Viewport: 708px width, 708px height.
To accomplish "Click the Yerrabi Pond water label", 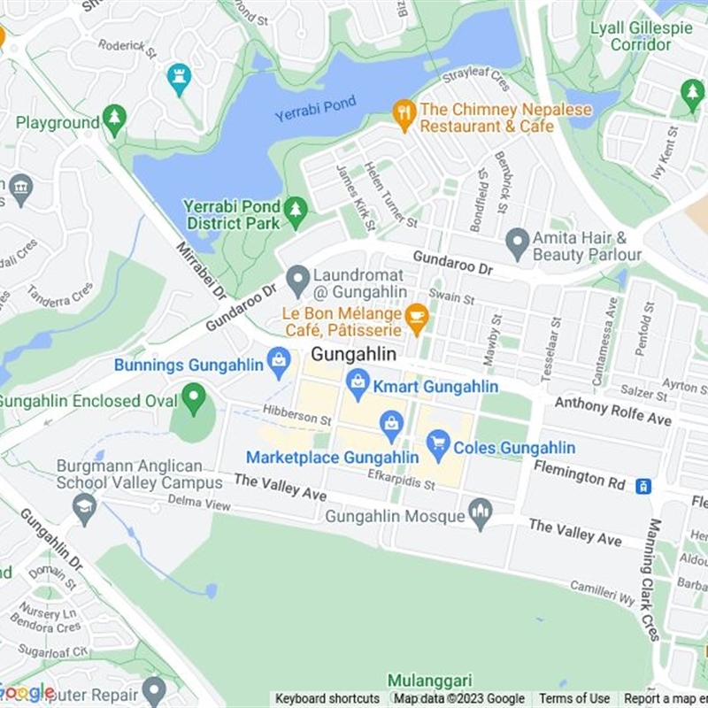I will pos(315,109).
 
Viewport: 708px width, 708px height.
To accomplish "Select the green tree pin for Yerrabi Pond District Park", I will pos(296,212).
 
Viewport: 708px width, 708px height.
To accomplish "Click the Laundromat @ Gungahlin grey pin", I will pos(298,281).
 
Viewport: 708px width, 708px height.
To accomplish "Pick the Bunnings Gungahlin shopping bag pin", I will pos(279,362).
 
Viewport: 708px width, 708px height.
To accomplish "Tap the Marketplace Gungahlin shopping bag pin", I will pos(391,426).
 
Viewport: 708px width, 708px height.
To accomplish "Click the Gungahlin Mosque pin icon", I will pos(481,513).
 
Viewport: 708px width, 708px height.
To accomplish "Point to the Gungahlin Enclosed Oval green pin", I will pos(193,398).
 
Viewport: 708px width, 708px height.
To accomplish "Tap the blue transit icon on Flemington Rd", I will pos(643,485).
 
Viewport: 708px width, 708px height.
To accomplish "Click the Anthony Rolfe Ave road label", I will pos(612,411).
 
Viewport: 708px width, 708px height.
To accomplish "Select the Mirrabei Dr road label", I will pos(201,269).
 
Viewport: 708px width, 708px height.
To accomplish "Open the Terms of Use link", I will pos(574,699).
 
